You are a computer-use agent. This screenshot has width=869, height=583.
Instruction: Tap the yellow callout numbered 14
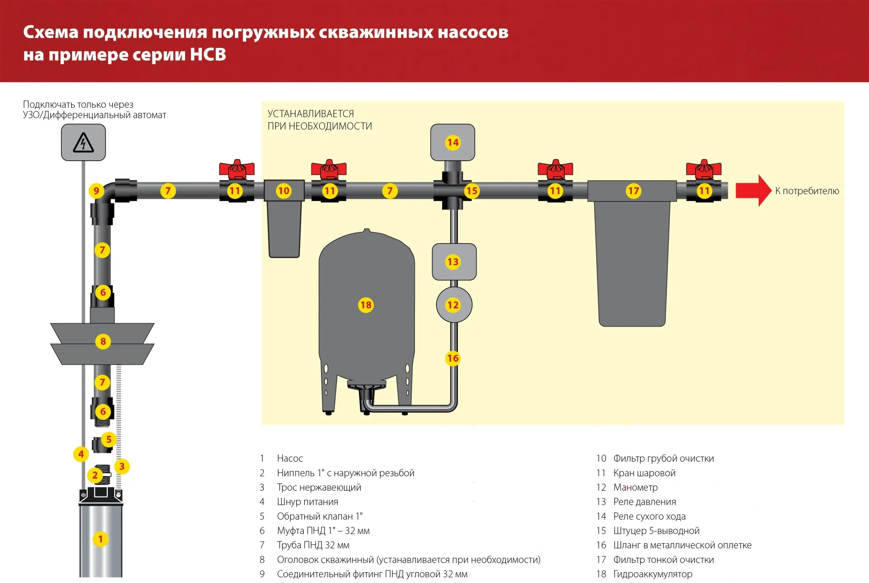click(453, 143)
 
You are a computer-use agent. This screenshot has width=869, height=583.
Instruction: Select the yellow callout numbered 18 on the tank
click(366, 305)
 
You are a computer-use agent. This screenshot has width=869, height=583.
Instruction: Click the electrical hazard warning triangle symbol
click(83, 143)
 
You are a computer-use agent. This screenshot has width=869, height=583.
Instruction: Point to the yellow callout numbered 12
click(453, 305)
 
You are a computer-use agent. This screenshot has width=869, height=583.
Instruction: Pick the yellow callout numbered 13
click(453, 262)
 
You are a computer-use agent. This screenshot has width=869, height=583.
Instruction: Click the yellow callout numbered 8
click(103, 341)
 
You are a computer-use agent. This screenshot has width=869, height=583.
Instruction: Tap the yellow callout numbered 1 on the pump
click(100, 539)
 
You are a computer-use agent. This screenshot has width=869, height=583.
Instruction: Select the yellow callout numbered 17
click(633, 191)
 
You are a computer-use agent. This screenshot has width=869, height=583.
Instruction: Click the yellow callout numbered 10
click(284, 191)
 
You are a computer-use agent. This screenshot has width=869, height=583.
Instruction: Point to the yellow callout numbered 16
click(453, 358)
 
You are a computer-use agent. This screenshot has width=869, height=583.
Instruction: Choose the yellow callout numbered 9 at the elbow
click(96, 191)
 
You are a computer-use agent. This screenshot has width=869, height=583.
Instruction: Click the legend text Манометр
click(635, 487)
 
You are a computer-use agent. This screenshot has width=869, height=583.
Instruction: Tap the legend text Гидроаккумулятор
click(653, 574)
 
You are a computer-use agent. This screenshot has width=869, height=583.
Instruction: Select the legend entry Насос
click(290, 459)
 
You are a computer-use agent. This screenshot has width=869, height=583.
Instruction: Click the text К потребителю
click(807, 191)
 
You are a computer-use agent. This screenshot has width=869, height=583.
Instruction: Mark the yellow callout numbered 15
click(472, 191)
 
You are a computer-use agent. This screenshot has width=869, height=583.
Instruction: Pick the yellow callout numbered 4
click(81, 454)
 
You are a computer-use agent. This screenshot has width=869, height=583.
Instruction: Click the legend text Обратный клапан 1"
click(320, 516)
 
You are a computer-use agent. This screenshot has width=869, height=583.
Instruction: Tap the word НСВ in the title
click(208, 55)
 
